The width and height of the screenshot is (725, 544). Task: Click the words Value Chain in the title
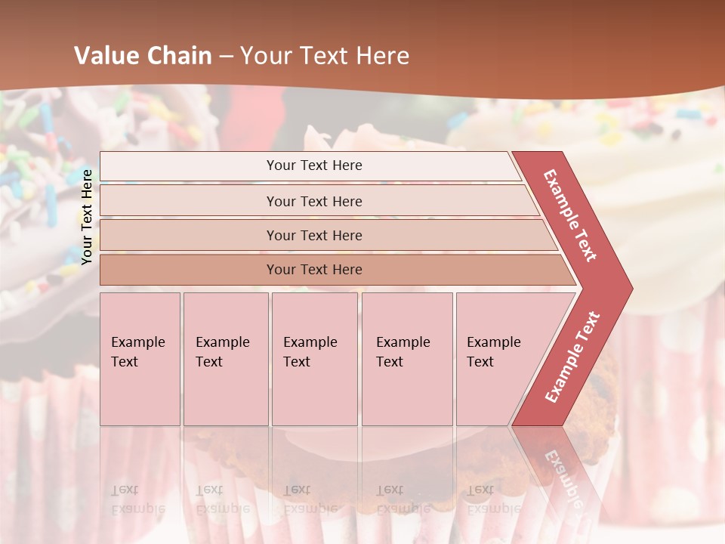point(143,56)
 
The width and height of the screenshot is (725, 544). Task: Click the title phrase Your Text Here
point(325,56)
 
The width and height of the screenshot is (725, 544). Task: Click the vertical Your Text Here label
point(87,216)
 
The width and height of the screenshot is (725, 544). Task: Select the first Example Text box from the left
point(140,359)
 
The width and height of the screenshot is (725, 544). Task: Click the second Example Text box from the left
point(226,359)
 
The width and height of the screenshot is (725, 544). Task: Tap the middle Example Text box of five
point(314,359)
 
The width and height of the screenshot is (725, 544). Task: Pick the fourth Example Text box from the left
point(407,359)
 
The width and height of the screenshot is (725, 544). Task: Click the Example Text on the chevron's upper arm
point(570,215)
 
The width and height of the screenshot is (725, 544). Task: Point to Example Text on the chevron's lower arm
point(572,357)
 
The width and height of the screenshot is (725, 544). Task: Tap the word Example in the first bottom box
point(137,342)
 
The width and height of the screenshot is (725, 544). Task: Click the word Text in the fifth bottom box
point(480,362)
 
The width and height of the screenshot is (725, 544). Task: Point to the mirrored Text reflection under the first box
point(125,490)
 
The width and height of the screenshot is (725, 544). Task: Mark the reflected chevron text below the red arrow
point(563,476)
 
